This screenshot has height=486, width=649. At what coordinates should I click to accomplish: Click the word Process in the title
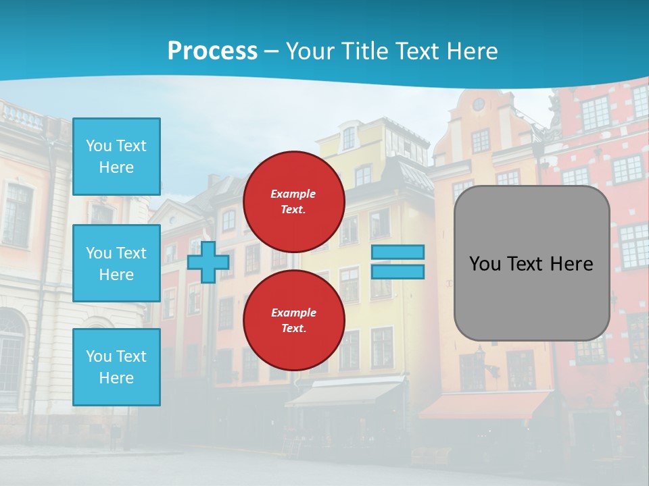212,51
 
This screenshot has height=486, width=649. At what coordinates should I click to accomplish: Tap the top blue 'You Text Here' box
116,157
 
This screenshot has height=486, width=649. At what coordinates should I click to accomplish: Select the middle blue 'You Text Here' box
116,263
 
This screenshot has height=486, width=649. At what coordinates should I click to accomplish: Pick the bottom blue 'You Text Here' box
116,367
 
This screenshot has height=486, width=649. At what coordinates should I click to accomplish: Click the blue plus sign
208,262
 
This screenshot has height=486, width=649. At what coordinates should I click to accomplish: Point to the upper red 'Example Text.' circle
293,201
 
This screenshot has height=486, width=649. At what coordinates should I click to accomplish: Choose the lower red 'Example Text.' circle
293,320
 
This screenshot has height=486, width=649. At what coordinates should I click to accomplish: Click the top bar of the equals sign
398,252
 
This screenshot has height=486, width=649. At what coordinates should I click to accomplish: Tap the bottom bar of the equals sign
398,272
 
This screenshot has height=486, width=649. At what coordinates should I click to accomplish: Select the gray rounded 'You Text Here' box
531,263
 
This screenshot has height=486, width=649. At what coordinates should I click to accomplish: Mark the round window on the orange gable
478,104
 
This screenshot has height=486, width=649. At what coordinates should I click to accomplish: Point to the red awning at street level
483,405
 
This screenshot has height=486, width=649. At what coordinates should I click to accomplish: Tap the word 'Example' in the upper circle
293,194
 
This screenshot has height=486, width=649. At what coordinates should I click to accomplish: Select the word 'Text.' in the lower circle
293,329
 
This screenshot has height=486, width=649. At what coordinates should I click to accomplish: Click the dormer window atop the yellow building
349,138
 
